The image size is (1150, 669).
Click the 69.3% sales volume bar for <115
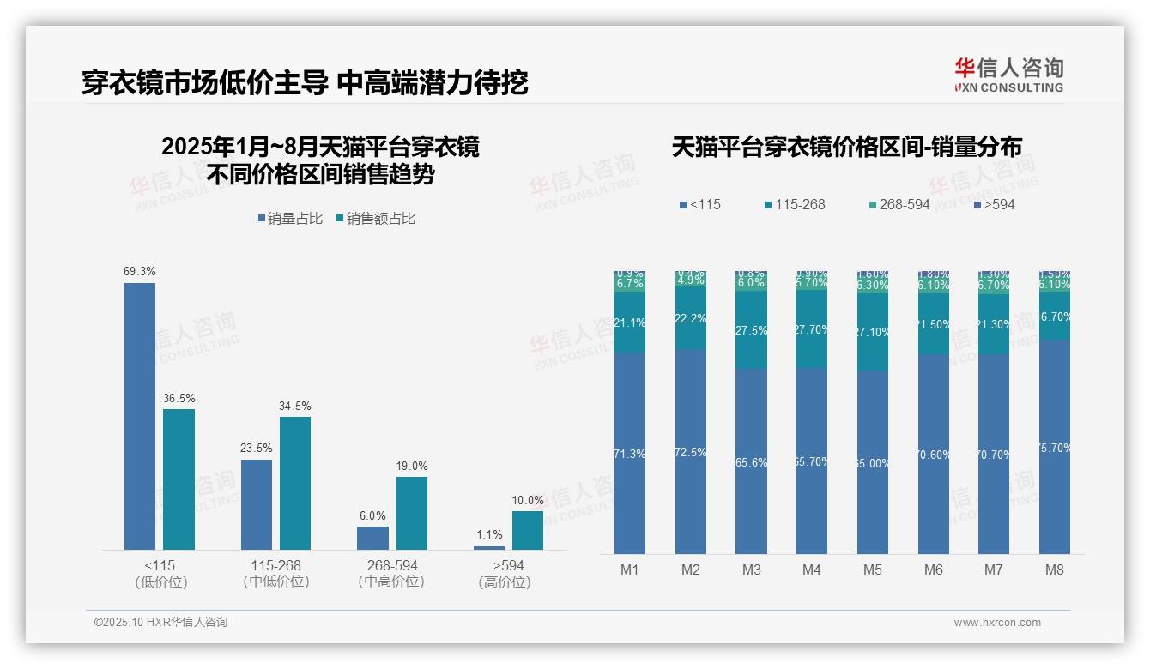140,416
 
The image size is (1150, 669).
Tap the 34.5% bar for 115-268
295,483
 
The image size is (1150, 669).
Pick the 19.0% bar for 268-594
412,513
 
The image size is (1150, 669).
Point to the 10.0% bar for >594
528,530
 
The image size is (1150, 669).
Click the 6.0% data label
372,516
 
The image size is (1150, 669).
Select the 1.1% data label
489,535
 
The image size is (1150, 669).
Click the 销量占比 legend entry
290,219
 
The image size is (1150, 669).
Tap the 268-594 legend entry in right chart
899,205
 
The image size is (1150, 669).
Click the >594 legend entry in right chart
995,205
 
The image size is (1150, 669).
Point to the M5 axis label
873,570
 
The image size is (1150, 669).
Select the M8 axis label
1055,570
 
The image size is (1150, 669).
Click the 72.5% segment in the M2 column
691,452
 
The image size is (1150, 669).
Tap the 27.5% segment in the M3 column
751,330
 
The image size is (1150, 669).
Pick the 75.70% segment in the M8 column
1055,447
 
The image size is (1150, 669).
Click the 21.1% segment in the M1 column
630,322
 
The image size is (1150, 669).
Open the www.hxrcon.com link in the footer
997,623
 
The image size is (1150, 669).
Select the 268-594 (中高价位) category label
391,574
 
